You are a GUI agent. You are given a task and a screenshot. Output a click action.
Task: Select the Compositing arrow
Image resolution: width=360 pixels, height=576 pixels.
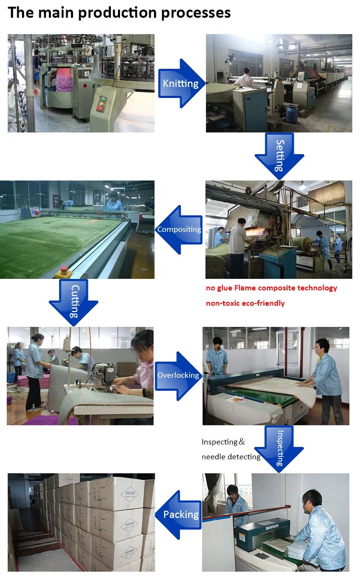[x=179, y=229]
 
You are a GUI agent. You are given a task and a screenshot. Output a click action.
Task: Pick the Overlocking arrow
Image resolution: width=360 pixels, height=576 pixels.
[x=179, y=375]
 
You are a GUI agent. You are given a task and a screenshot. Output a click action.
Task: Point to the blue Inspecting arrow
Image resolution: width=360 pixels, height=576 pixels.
[x=279, y=449]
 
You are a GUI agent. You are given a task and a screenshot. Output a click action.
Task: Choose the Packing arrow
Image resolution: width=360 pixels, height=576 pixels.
[x=179, y=515]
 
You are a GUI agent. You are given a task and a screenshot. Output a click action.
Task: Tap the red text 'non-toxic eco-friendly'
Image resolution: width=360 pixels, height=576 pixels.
[x=245, y=303]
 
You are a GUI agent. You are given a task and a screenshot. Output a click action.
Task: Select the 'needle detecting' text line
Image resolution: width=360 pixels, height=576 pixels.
[x=231, y=456]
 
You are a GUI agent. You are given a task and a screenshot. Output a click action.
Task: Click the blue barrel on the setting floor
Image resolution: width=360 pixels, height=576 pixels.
[x=292, y=113]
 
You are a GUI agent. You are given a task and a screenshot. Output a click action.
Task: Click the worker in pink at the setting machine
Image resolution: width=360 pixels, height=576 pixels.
[x=247, y=77]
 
